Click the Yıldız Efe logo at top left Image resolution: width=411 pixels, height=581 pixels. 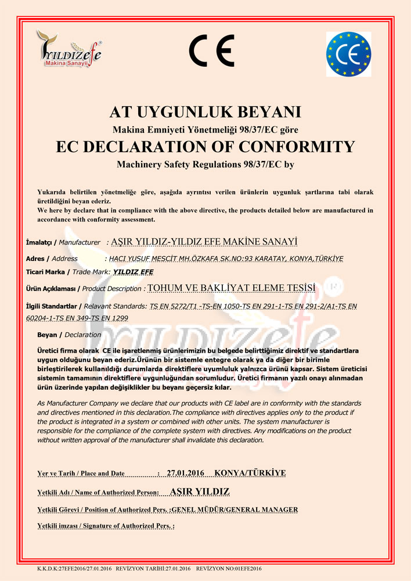[x=68, y=50]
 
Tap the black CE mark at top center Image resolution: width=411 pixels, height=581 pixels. [x=211, y=50]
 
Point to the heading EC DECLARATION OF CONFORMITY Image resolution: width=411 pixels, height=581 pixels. [x=205, y=146]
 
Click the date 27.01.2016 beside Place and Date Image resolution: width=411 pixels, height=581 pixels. [x=185, y=473]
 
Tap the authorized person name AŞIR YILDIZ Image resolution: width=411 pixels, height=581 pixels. [x=200, y=492]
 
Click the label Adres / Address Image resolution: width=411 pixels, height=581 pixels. [x=52, y=259]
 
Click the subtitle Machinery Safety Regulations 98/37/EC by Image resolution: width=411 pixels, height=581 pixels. [x=205, y=164]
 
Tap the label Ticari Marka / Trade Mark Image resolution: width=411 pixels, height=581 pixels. [x=67, y=272]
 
